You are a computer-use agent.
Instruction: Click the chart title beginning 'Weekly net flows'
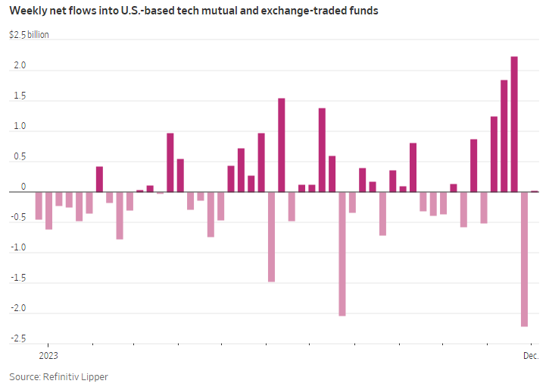coord(194,12)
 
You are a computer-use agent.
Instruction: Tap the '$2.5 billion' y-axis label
coord(29,35)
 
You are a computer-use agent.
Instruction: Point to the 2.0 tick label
coord(19,66)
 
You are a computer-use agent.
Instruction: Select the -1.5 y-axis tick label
coord(17,278)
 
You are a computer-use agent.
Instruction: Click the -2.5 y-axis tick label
coord(17,338)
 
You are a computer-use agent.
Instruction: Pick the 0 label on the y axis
coord(23,187)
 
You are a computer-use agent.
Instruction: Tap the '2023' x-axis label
coord(48,355)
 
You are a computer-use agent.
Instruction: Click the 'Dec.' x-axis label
coord(530,355)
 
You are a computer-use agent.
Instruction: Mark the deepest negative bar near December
coord(524,259)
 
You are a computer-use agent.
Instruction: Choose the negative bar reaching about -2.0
coord(342,253)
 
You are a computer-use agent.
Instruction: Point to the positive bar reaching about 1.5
coord(282,145)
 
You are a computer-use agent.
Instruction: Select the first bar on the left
coord(39,206)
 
